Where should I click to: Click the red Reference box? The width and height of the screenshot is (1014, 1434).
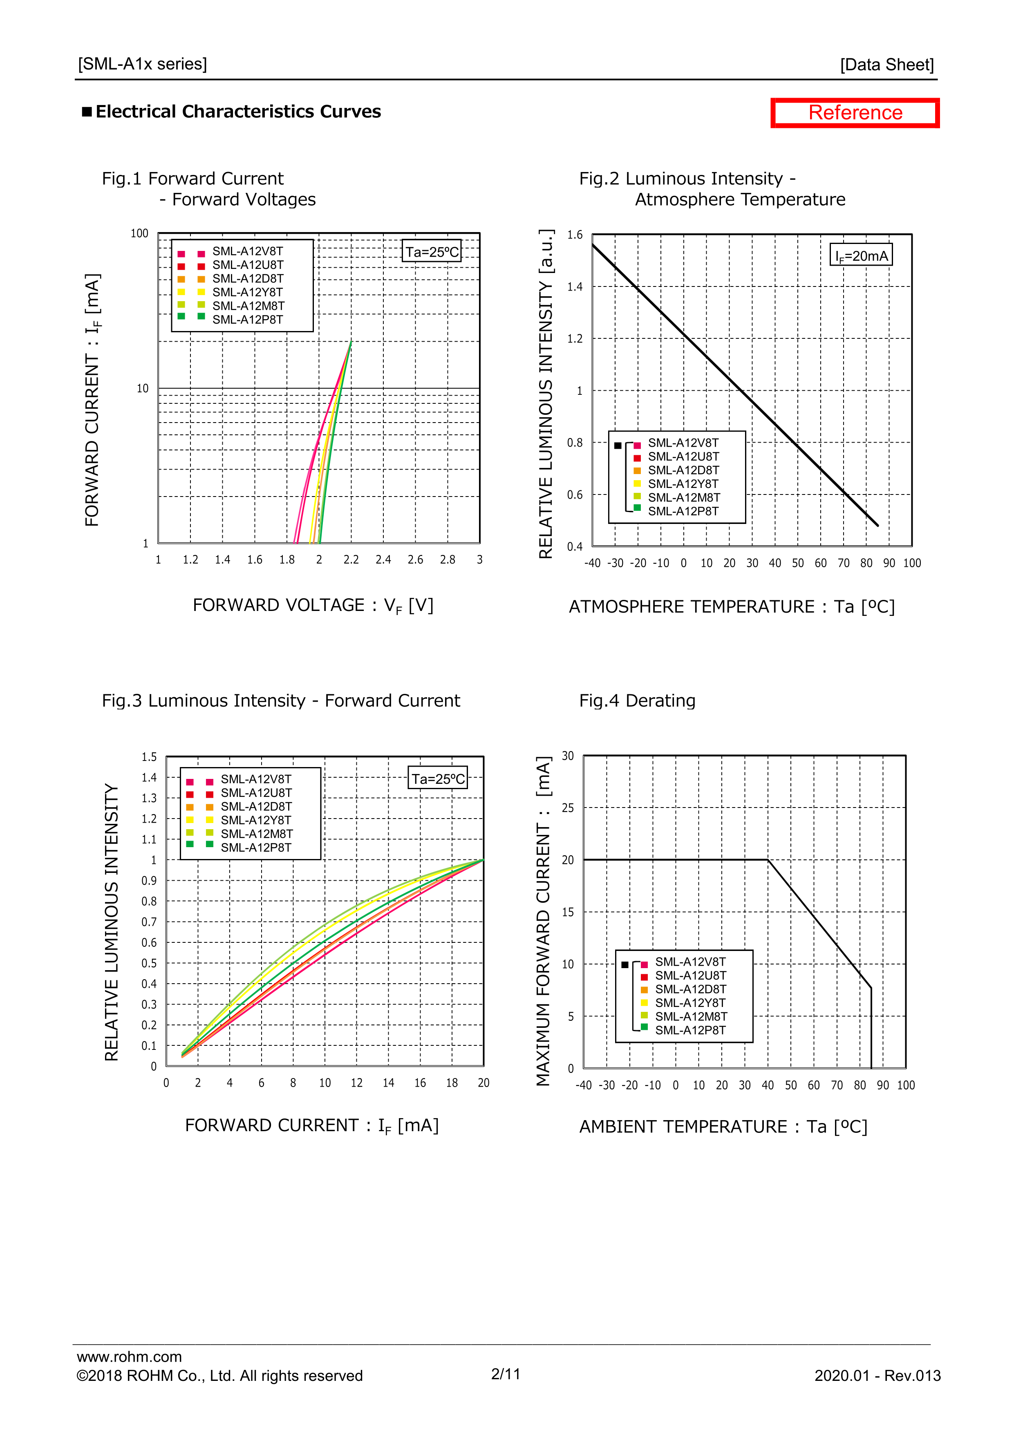(854, 113)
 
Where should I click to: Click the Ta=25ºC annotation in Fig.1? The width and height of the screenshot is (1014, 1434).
(432, 252)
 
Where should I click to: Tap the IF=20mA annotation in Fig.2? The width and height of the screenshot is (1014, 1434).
(861, 255)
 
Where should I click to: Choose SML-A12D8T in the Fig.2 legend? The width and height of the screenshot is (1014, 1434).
(683, 470)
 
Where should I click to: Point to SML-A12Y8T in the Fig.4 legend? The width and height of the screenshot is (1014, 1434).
(690, 1002)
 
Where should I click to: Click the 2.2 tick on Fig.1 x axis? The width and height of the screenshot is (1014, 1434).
(351, 559)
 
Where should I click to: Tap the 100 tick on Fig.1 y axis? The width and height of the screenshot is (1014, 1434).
(139, 234)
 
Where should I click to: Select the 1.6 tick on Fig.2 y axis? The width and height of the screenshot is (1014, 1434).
(575, 235)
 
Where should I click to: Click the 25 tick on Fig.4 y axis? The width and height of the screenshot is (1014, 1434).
(567, 808)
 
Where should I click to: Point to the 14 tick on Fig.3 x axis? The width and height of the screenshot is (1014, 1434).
(388, 1083)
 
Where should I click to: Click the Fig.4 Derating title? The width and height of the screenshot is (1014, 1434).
(637, 701)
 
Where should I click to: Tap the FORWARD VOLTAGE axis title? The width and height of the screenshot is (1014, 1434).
(312, 605)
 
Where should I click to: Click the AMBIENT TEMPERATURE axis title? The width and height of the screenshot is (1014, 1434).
(723, 1127)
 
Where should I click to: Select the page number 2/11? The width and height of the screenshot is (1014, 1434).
(506, 1374)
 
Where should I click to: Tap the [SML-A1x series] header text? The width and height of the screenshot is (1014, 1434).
(143, 64)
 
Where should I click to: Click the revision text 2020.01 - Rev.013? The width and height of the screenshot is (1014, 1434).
(877, 1376)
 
